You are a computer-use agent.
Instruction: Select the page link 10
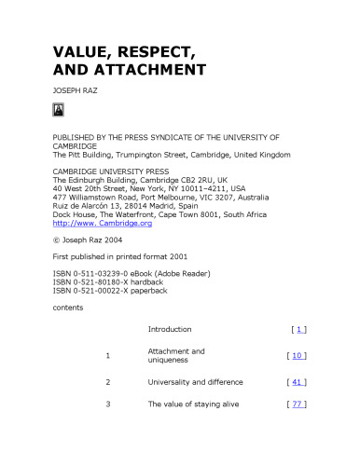tap(297, 355)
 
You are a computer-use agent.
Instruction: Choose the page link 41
tap(297, 382)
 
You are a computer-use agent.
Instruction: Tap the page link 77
tap(297, 404)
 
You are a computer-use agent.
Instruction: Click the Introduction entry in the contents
tap(170, 329)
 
